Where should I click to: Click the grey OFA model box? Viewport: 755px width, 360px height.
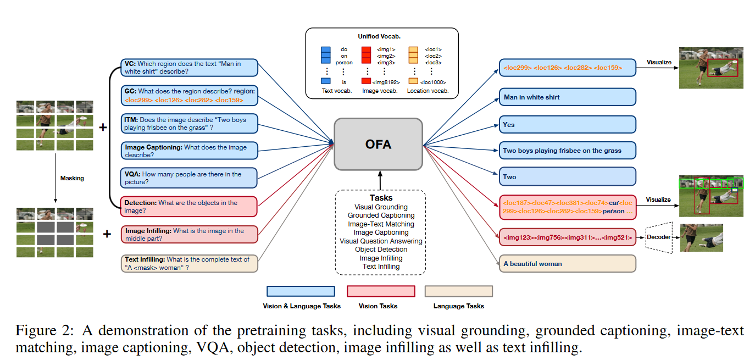point(378,144)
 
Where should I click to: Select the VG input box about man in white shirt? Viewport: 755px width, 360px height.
point(188,68)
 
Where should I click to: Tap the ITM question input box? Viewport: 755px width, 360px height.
point(188,123)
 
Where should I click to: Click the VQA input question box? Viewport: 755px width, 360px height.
point(188,178)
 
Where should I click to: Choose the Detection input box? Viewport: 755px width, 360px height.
point(188,206)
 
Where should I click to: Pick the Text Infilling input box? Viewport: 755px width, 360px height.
point(188,264)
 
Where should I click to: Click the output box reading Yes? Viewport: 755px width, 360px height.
point(567,124)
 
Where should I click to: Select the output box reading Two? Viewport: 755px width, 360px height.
point(567,177)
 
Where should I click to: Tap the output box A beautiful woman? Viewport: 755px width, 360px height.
point(567,263)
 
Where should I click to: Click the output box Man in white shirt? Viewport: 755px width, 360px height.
point(567,97)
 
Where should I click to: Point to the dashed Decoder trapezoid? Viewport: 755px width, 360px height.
point(658,237)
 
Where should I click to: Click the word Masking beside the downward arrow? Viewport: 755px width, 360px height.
point(73,178)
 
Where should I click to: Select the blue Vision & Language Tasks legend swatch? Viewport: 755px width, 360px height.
point(301,291)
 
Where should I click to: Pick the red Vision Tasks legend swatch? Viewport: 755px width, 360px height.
point(381,291)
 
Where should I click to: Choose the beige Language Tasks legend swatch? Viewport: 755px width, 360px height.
point(458,291)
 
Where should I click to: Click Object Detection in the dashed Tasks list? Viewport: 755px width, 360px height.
point(381,250)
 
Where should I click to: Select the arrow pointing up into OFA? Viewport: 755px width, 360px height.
point(379,179)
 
